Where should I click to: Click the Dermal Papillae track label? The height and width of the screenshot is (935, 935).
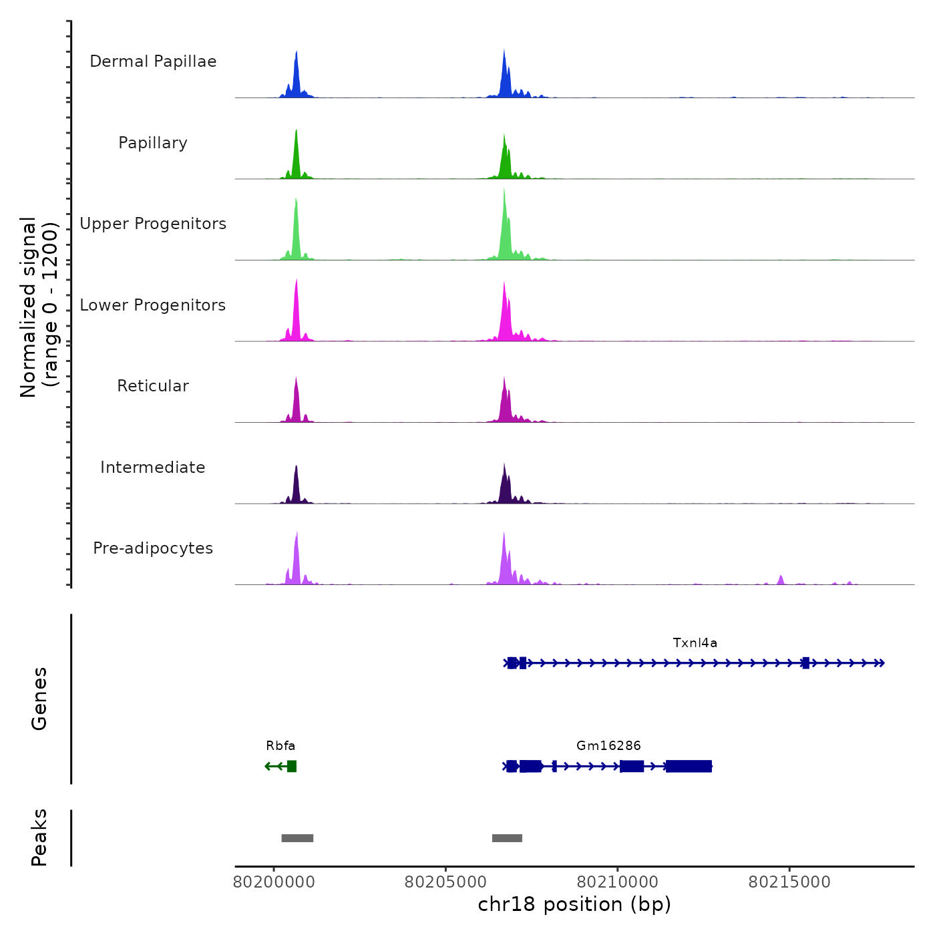click(x=153, y=61)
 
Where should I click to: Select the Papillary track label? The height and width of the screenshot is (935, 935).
click(x=153, y=143)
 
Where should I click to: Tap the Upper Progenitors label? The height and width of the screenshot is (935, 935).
click(x=153, y=224)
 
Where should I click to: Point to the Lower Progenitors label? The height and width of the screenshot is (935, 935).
click(x=153, y=305)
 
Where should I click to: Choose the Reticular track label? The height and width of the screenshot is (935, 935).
click(x=153, y=386)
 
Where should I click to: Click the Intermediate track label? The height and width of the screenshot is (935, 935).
click(x=153, y=467)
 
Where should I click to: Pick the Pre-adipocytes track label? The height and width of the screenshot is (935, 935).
click(x=153, y=548)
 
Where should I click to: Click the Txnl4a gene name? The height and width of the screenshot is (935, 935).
click(x=695, y=643)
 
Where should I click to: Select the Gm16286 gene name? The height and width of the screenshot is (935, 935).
click(x=608, y=745)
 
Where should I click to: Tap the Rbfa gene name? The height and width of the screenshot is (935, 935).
click(x=280, y=745)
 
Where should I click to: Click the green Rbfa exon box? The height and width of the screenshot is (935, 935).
click(x=292, y=766)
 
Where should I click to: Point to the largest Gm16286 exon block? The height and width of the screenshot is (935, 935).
click(x=689, y=766)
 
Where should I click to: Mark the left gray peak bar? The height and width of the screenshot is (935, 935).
click(x=297, y=838)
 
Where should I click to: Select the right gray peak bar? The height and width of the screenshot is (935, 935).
click(x=507, y=838)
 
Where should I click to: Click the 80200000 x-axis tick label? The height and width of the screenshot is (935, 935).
click(x=274, y=882)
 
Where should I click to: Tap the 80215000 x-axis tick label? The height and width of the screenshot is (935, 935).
click(x=789, y=882)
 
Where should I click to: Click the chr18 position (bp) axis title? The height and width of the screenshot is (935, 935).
click(x=574, y=904)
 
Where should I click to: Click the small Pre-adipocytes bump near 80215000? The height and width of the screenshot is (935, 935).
click(x=780, y=579)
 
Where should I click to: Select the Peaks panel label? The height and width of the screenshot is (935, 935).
click(x=39, y=837)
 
